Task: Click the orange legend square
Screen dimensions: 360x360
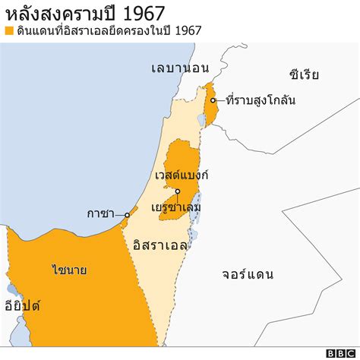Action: coord(9,31)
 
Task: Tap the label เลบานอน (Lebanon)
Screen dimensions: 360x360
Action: coord(179,68)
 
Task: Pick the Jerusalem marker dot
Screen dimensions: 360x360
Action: coord(177,191)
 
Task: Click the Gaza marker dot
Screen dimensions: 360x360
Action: coord(128,215)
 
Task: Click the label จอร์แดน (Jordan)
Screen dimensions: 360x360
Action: coord(248,274)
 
